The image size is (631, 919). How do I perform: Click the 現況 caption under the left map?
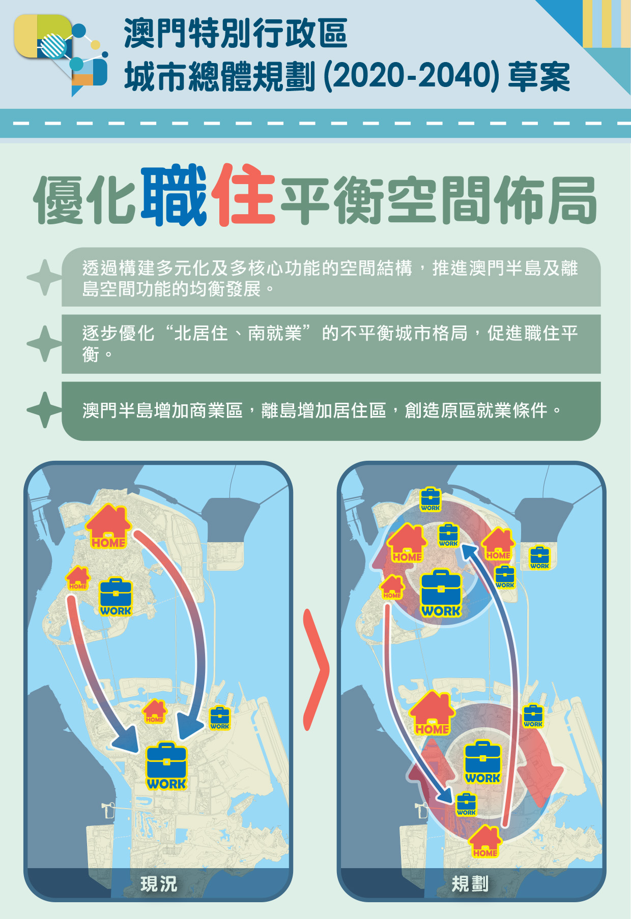pos(159,884)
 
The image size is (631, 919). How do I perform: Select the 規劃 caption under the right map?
pos(470,884)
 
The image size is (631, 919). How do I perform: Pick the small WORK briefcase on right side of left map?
pos(220,718)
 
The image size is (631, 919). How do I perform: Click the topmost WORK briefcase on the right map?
pos(430,499)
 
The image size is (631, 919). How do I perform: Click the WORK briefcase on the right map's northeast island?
pos(539,557)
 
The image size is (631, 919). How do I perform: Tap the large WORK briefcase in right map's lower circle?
pos(482,762)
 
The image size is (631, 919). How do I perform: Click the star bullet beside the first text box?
pos(45,277)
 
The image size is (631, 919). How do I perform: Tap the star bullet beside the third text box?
pos(45,410)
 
